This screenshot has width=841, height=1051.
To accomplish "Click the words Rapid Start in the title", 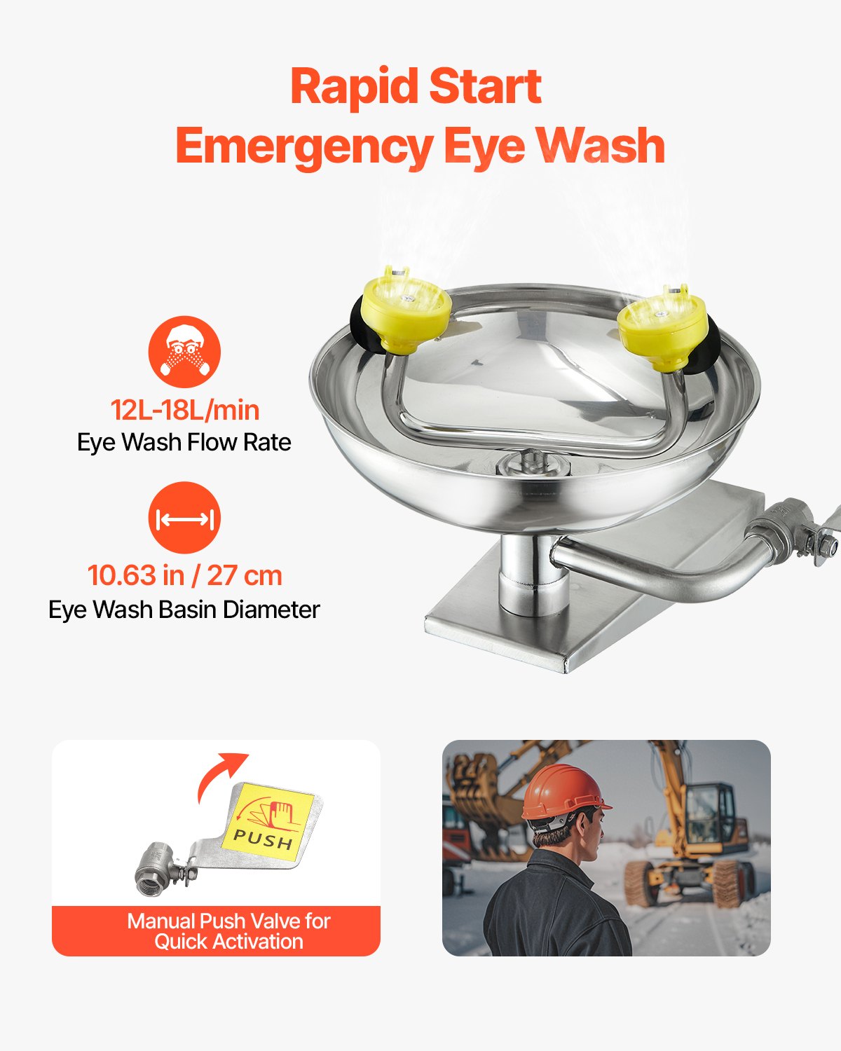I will click(416, 87).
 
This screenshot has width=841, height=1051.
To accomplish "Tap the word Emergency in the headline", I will click(304, 146).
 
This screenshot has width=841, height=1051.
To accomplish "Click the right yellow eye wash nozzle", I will click(662, 330).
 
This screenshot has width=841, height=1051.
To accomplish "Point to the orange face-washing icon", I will click(184, 352).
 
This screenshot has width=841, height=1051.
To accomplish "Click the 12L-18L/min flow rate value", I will click(184, 410).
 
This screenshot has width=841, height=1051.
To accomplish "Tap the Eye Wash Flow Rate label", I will click(184, 443).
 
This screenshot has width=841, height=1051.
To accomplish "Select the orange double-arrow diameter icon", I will click(184, 518).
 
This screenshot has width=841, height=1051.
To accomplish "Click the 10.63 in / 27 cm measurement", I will click(184, 575).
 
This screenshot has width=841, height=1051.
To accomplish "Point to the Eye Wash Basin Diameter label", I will click(184, 610).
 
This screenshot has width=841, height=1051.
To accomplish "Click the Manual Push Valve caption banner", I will click(216, 931).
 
